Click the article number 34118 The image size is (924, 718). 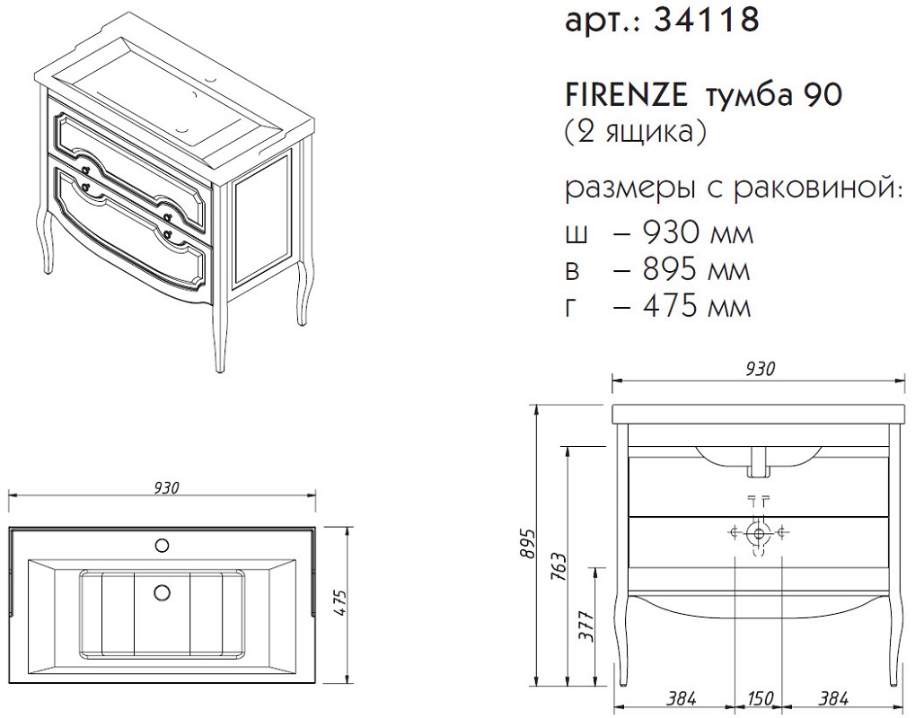707,20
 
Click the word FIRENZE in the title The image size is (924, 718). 627,95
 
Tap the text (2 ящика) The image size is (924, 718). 635,133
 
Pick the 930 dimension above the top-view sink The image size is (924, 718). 167,487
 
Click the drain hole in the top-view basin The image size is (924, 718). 162,591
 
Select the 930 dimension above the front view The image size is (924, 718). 761,369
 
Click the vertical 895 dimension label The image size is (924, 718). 528,544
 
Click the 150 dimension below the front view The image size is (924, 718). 761,698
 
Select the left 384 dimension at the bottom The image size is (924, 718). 682,698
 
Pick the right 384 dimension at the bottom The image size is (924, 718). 833,698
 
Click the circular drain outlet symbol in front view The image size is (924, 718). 759,534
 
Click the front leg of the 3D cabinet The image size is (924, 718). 219,330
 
